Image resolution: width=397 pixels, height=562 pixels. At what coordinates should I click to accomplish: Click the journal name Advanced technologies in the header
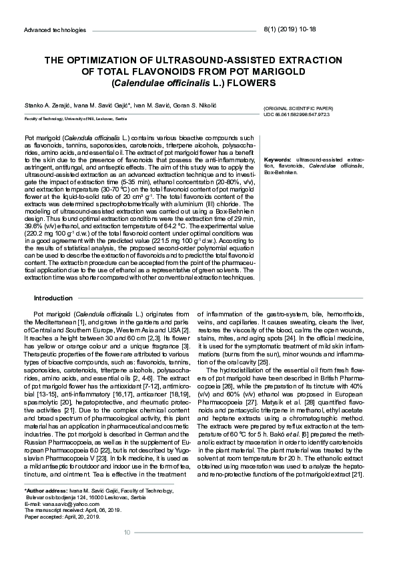[55, 30]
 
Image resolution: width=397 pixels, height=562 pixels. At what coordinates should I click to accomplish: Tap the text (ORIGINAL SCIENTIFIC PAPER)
[298, 107]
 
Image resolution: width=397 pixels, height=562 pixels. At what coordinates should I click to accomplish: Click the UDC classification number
[296, 115]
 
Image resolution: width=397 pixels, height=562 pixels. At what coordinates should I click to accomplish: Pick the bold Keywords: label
[278, 160]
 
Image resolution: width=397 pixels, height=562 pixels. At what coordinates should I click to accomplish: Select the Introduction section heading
[53, 298]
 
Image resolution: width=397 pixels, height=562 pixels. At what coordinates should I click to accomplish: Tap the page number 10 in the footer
[127, 532]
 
